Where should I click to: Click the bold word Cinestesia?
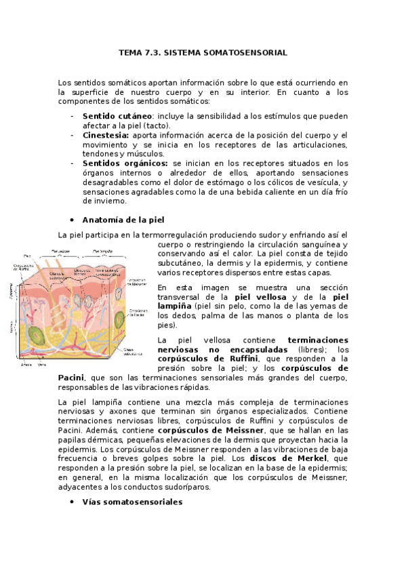point(106,135)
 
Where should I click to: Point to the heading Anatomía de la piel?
point(123,220)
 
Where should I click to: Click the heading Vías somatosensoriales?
point(132,502)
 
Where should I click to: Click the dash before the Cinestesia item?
point(72,135)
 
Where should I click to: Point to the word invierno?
point(104,201)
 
